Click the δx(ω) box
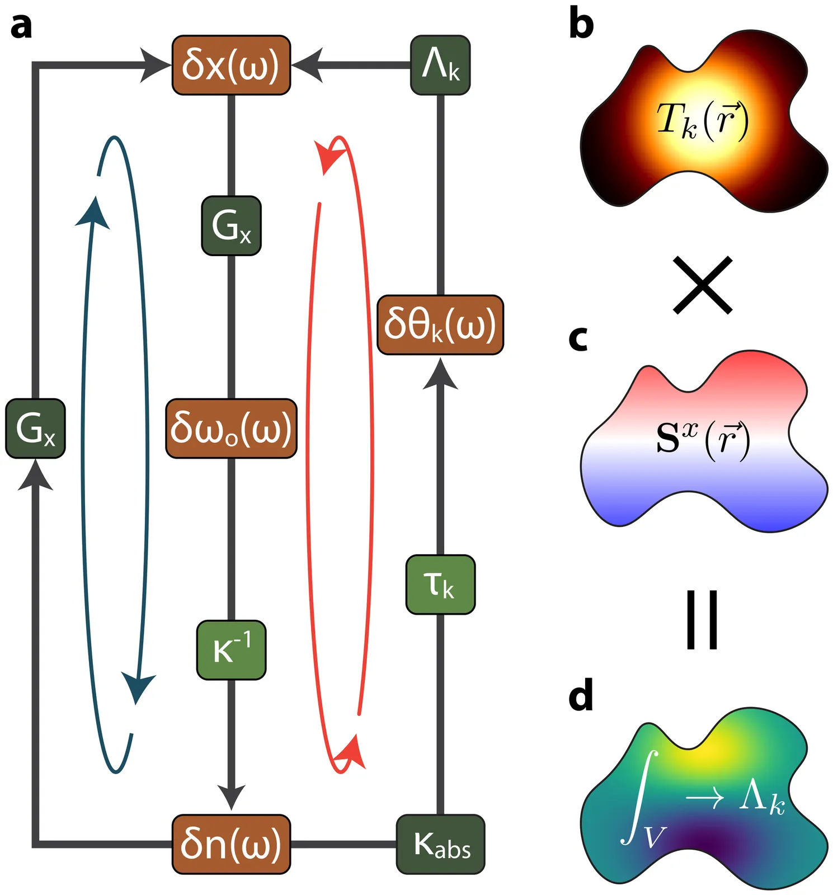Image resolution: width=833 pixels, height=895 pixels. point(231,65)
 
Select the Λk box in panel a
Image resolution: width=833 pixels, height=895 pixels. point(440,65)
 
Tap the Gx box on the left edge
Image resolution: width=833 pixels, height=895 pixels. point(35,428)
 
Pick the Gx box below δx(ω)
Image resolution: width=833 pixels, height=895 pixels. point(231,226)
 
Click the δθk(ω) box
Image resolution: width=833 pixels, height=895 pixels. point(440,325)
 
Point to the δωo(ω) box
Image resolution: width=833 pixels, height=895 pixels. point(231,428)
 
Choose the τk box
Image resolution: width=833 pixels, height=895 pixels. point(440,585)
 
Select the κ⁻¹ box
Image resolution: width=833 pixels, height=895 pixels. point(231,650)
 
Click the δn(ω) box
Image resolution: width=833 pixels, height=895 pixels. point(231,844)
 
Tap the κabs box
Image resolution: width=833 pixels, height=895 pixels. point(440,844)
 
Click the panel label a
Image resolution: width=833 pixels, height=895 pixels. point(21,26)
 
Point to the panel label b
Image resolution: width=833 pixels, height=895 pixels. point(581,25)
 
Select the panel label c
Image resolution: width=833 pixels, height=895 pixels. point(578,338)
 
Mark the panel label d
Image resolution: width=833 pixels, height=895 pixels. point(581,696)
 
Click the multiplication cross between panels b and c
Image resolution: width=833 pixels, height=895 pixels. point(702,285)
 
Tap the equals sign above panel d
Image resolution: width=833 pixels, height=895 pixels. point(702,620)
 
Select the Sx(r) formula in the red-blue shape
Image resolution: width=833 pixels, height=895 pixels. point(702,439)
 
